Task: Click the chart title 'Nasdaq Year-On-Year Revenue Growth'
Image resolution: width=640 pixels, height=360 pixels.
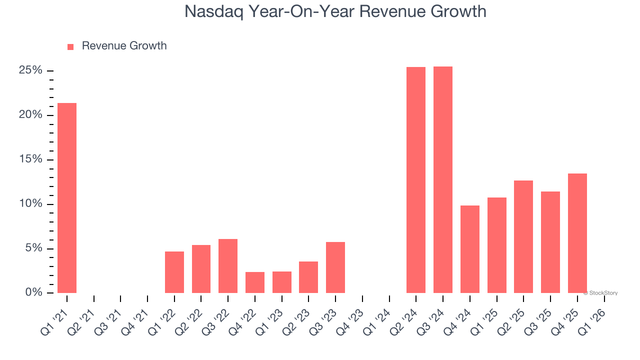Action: pos(335,11)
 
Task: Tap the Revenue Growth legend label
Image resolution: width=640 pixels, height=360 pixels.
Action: pos(124,46)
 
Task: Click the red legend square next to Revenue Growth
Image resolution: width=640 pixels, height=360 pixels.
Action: pos(70,46)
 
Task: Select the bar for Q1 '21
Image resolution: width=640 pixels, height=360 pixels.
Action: pos(67,198)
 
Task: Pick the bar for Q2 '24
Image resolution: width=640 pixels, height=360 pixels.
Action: pos(416,180)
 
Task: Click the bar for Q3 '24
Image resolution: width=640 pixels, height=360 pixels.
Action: pos(443,180)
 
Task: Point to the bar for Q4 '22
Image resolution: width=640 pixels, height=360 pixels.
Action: pos(255,282)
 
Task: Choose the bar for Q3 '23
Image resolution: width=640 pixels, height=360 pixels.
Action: pos(335,267)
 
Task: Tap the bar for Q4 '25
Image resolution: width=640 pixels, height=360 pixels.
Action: pos(577,233)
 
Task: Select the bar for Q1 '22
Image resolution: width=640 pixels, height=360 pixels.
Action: pos(174,272)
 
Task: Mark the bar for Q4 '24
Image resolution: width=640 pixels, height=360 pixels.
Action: pos(470,249)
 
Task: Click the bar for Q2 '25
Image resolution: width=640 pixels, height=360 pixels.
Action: pos(523,236)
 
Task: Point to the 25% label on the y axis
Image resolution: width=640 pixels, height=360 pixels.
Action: pos(30,70)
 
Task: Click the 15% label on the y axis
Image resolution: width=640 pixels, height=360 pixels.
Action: pos(30,159)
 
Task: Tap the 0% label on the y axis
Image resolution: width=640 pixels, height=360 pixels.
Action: pos(33,292)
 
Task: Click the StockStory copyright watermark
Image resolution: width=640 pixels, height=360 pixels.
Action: pos(600,293)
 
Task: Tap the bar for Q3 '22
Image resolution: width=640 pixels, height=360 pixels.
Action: pos(228,266)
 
